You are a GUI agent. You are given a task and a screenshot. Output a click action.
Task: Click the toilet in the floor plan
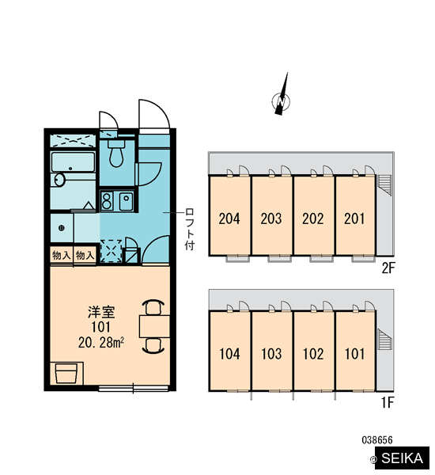pyautogui.click(x=116, y=154)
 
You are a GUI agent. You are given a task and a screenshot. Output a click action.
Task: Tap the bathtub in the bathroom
pyautogui.click(x=73, y=162)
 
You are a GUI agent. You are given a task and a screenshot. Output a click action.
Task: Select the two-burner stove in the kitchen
pyautogui.click(x=106, y=200)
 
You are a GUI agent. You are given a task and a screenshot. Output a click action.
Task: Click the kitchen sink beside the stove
pyautogui.click(x=127, y=201)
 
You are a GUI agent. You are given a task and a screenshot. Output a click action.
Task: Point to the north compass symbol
pyautogui.click(x=282, y=97)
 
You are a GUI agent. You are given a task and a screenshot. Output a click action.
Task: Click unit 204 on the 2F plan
pyautogui.click(x=229, y=218)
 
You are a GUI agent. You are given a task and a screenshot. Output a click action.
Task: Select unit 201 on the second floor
pyautogui.click(x=355, y=218)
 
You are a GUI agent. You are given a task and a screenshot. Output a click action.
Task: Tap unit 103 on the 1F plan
pyautogui.click(x=271, y=354)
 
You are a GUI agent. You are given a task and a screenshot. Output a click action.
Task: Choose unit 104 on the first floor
pyautogui.click(x=229, y=354)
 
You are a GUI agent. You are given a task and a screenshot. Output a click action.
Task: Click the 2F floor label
pyautogui.click(x=388, y=268)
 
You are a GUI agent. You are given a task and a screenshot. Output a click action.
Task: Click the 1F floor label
pyautogui.click(x=388, y=403)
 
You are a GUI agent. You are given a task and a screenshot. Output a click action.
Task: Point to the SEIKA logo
pyautogui.click(x=402, y=458)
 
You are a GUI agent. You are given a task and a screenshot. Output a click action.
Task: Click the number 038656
pyautogui.click(x=377, y=440)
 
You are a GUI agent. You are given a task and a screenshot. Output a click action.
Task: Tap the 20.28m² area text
pyautogui.click(x=101, y=343)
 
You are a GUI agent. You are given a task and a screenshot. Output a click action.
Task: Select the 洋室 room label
pyautogui.click(x=101, y=313)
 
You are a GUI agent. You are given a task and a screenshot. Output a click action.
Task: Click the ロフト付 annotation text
pyautogui.click(x=190, y=229)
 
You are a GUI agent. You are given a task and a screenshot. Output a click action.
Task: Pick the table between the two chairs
pyautogui.click(x=154, y=326)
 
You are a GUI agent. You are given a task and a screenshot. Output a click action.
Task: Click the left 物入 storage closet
pyautogui.click(x=62, y=256)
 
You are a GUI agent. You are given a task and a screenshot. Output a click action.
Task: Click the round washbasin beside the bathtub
pyautogui.click(x=59, y=180)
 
